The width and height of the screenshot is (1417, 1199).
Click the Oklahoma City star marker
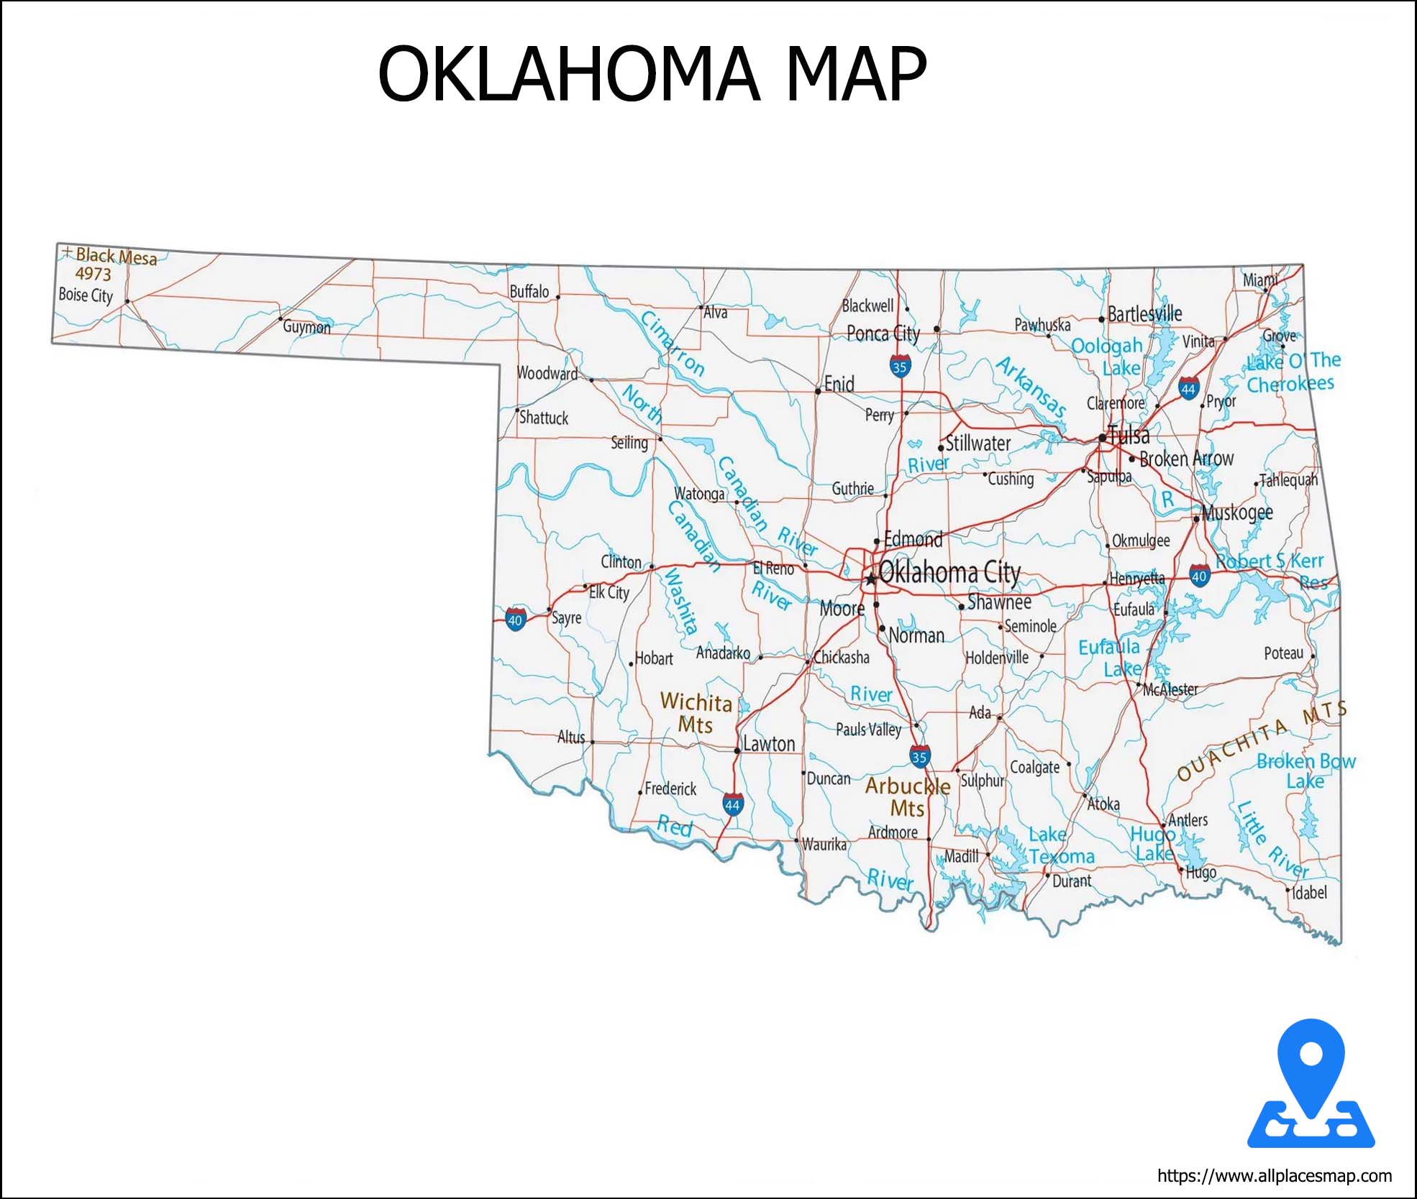click(870, 579)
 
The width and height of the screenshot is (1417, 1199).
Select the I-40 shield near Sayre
click(515, 620)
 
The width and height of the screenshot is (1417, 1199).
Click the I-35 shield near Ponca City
click(899, 367)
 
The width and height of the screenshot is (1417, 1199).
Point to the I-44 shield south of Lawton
click(732, 805)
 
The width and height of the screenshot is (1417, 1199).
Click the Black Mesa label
click(116, 256)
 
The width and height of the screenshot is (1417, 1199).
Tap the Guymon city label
click(306, 327)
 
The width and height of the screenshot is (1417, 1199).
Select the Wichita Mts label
click(696, 712)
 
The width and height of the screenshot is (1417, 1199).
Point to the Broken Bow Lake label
click(1306, 771)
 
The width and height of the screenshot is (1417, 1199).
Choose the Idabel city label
click(1309, 893)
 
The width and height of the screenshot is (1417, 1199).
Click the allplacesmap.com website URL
click(1274, 1176)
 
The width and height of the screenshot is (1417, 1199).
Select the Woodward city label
click(547, 373)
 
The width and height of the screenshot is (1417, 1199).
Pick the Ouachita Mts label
click(1262, 740)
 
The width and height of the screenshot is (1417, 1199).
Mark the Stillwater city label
click(978, 444)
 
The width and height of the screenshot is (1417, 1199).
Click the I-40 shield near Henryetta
click(1198, 576)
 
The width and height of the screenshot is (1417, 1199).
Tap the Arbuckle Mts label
click(907, 796)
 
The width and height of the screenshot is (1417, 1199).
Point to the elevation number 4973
click(94, 274)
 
